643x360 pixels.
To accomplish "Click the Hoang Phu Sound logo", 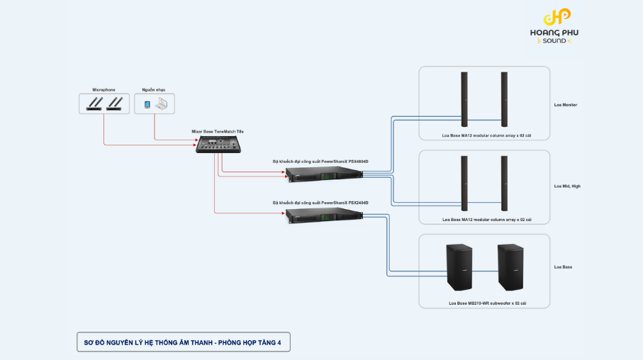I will tap(554, 27).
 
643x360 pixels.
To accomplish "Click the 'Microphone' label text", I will tap(104, 90).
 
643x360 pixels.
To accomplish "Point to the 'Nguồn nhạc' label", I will tap(153, 90).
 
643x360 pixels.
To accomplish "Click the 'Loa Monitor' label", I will tap(566, 105).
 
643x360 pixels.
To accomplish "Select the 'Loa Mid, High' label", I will tap(567, 186).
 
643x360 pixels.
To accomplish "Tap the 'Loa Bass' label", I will tap(563, 267).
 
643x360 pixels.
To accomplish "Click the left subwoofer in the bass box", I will tap(459, 267).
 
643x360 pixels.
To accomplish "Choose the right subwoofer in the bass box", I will tap(510, 267).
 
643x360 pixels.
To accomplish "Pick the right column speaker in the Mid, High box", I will tap(504, 183).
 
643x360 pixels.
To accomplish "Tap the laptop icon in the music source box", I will tap(161, 104).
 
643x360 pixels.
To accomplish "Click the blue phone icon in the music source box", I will tap(147, 104).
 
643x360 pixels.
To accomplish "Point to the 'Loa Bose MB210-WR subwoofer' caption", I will tap(487, 303).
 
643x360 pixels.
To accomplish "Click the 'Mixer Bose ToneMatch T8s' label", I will tap(218, 131).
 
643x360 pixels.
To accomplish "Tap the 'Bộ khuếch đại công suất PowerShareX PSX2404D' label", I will tap(320, 203).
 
